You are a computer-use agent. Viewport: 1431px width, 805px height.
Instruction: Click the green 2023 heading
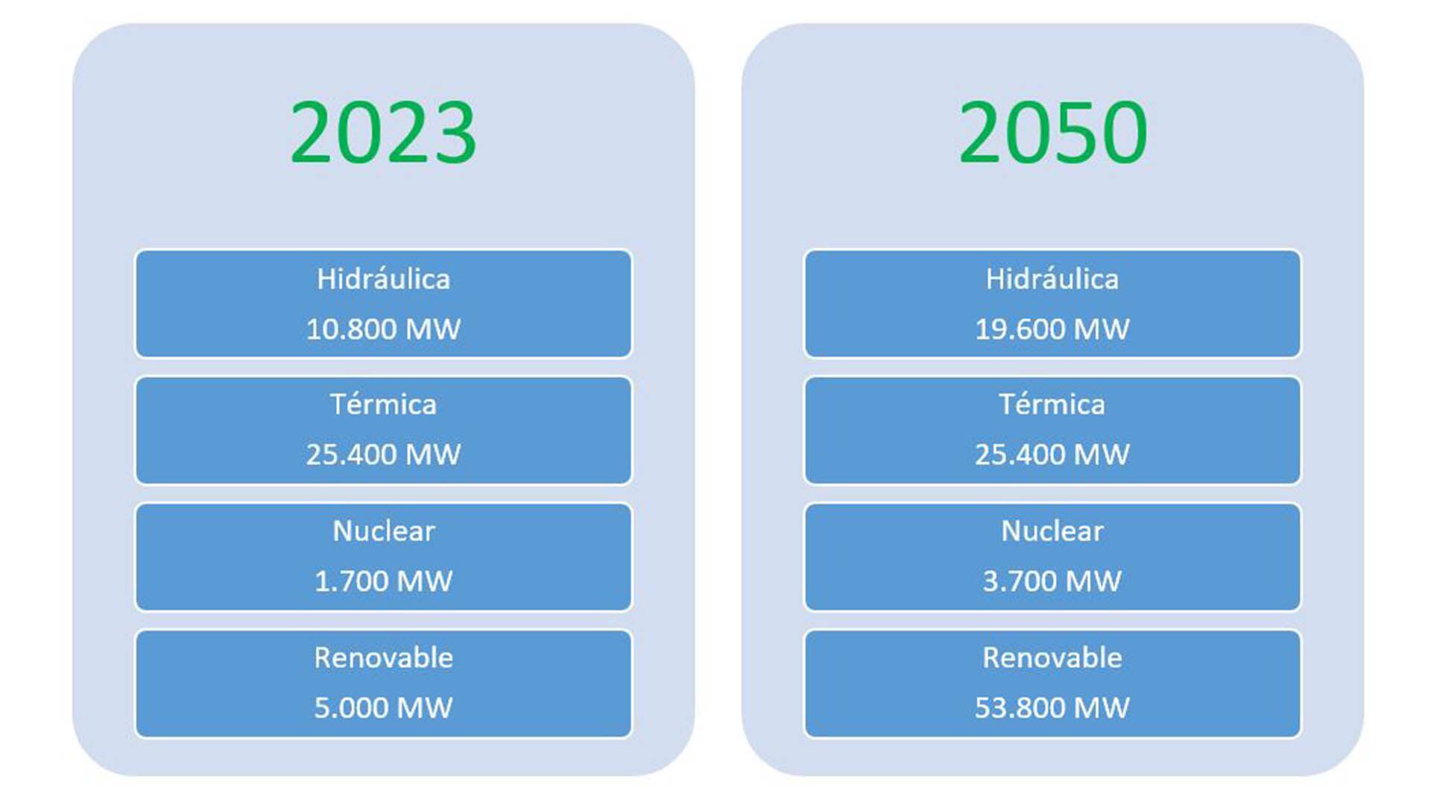[383, 133]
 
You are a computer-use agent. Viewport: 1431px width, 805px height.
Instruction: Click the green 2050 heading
[1052, 133]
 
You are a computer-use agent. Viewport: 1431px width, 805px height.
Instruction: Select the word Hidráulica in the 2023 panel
[383, 279]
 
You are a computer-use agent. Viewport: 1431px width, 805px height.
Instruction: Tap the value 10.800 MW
[383, 329]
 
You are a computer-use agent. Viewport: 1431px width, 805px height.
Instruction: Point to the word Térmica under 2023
[383, 404]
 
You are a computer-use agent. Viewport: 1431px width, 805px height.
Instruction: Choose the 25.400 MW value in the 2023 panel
[383, 454]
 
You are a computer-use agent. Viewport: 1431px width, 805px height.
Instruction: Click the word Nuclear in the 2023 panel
[383, 531]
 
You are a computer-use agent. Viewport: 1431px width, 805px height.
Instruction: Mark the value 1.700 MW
[383, 581]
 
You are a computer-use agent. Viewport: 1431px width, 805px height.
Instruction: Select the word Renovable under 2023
[383, 657]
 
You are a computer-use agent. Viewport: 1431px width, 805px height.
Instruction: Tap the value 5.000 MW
[383, 707]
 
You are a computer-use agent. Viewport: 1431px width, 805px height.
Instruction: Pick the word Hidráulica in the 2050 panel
[1052, 279]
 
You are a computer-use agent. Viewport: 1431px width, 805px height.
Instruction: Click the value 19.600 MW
[1052, 329]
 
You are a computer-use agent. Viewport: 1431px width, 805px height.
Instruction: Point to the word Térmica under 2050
[1052, 404]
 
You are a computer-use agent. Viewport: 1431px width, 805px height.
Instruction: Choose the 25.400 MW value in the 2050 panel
[1052, 454]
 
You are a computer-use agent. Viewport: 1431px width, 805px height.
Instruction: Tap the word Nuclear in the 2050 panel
[1052, 531]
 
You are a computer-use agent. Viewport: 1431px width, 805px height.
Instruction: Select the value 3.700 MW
[1052, 581]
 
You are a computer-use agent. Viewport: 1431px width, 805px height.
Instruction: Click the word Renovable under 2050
[1052, 657]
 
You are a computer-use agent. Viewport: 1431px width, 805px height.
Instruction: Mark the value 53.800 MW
[1052, 707]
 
